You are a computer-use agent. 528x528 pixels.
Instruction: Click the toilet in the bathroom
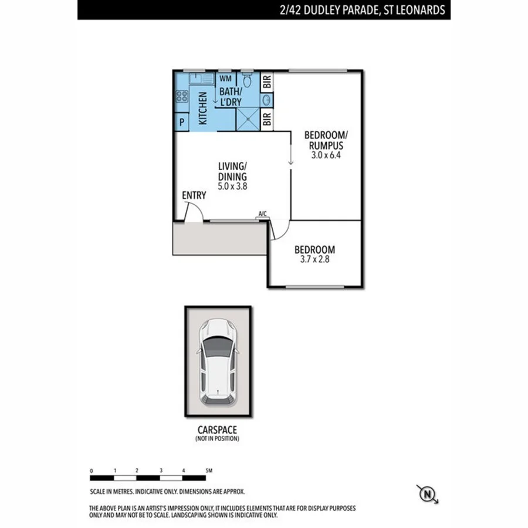click(x=247, y=80)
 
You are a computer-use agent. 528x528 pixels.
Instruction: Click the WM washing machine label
click(x=225, y=77)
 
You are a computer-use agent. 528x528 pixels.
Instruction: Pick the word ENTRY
click(x=194, y=195)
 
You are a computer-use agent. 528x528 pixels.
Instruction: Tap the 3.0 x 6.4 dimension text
click(x=323, y=155)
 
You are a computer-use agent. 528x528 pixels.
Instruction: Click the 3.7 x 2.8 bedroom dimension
click(x=315, y=259)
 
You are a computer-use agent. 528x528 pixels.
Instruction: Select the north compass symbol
click(x=428, y=495)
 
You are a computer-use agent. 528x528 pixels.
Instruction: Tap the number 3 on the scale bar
click(x=160, y=471)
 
